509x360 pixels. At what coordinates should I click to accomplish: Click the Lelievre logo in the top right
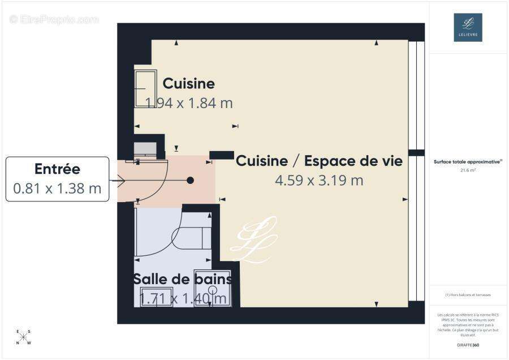coord(468,27)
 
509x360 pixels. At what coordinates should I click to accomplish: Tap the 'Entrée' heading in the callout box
coord(57,169)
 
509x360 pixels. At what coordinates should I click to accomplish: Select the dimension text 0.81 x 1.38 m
coord(57,188)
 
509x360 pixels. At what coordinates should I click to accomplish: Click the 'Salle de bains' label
coord(182,279)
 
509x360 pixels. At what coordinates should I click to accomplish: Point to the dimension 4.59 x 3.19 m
coord(319,181)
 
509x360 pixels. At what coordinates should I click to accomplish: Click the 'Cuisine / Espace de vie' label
coord(319,161)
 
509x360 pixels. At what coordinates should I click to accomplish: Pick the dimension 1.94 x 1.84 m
coord(189,103)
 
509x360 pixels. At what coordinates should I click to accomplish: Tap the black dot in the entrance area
coord(191,180)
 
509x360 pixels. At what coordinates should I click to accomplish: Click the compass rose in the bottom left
coord(24,337)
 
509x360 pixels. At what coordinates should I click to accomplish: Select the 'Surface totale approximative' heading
coord(468,162)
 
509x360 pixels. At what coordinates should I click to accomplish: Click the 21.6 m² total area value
coord(468,169)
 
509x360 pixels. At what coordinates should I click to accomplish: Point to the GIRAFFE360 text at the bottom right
coord(468,345)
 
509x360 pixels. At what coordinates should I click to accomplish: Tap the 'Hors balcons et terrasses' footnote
coord(468,295)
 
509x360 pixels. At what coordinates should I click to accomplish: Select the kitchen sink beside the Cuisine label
coord(145,88)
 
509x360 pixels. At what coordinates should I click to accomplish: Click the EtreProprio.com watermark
coord(54,19)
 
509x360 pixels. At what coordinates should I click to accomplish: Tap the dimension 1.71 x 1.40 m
coord(183,298)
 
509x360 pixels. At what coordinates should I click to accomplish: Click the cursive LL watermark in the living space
coord(254,241)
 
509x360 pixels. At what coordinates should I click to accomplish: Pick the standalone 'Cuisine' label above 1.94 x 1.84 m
coord(188,84)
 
